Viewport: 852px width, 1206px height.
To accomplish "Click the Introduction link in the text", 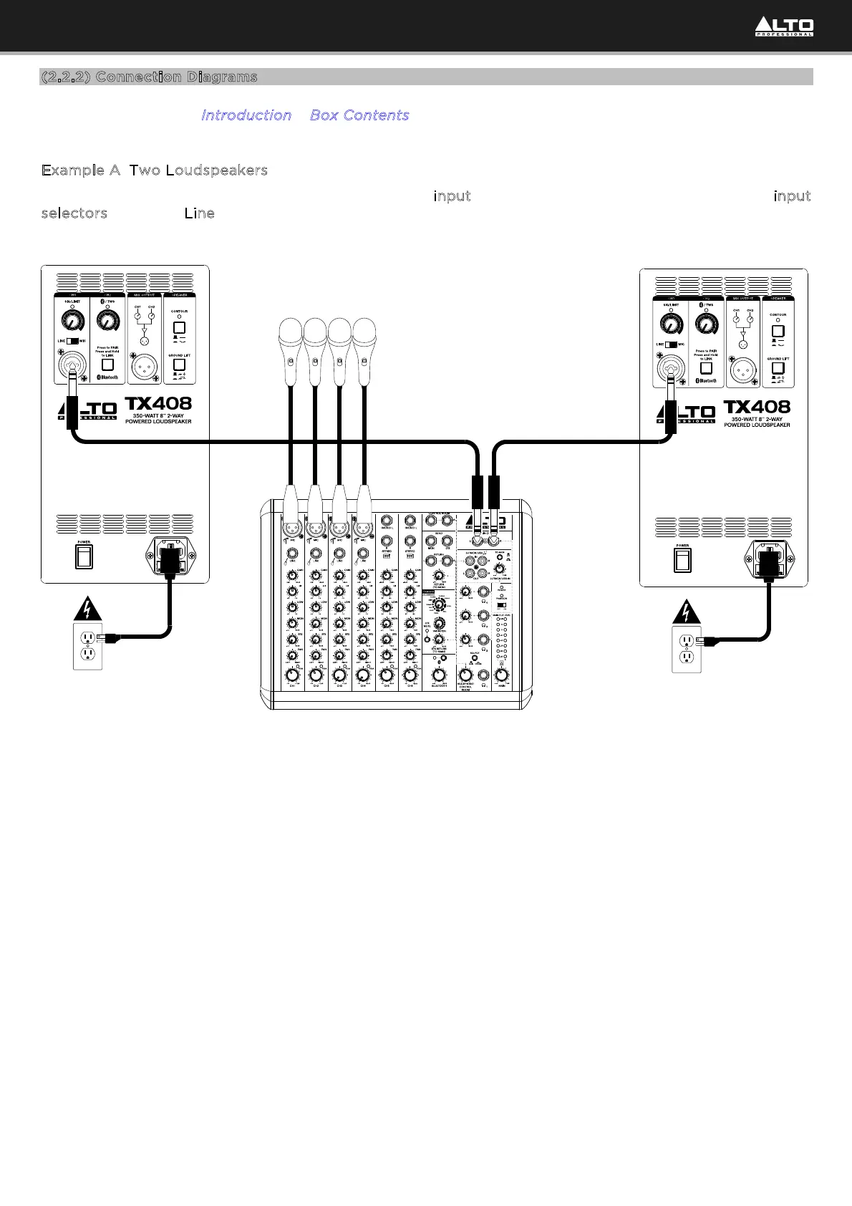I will [x=246, y=115].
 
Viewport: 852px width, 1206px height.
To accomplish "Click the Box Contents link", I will [x=359, y=115].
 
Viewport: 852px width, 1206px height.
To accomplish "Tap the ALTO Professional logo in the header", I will [x=784, y=27].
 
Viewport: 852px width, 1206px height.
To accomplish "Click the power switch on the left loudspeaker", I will [x=84, y=556].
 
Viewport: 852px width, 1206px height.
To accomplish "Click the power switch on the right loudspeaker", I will [x=682, y=559].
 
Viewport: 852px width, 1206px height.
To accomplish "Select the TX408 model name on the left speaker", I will [x=159, y=404].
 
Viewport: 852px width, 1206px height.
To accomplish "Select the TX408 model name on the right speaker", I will [x=757, y=407].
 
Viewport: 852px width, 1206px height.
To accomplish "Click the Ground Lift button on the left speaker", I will [x=180, y=365].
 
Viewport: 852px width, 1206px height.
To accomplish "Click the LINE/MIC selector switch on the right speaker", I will [x=671, y=344].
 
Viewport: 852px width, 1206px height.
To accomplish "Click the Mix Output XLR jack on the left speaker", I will [x=144, y=368].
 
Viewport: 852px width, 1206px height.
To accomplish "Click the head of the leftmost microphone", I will [x=290, y=335].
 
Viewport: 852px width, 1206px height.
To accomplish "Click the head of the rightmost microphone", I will [x=364, y=335].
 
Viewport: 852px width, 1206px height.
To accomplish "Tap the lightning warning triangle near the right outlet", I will [x=686, y=612].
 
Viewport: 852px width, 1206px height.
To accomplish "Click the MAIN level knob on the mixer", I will [x=502, y=675].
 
